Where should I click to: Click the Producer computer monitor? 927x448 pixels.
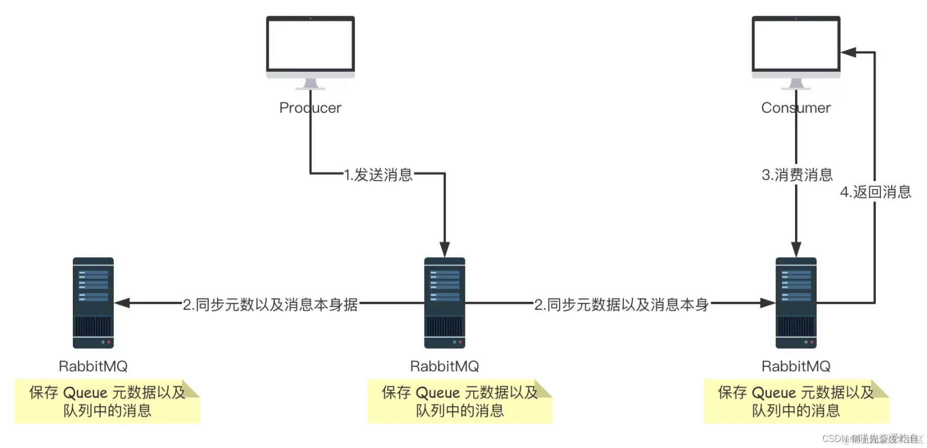click(x=310, y=48)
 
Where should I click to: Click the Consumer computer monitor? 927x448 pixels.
click(x=796, y=48)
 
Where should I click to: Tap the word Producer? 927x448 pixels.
click(x=310, y=108)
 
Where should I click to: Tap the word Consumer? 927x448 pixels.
click(x=796, y=108)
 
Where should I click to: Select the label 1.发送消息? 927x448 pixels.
click(x=378, y=175)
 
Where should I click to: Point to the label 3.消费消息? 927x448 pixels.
click(x=797, y=175)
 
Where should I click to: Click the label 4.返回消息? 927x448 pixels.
click(x=875, y=192)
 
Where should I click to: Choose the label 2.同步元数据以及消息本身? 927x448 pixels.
click(x=621, y=304)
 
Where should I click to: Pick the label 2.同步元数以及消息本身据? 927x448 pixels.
click(x=270, y=304)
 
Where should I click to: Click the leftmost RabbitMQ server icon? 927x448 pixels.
click(x=93, y=303)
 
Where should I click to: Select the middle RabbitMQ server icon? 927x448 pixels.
click(x=444, y=303)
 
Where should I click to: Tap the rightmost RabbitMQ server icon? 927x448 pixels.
click(x=796, y=303)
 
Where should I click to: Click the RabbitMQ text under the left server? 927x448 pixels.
click(x=93, y=366)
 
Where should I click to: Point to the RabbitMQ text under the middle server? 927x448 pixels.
click(x=444, y=366)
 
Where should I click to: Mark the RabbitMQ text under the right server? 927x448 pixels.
click(x=796, y=366)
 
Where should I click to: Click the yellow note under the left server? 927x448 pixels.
click(x=107, y=401)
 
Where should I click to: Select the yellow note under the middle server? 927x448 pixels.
click(x=459, y=401)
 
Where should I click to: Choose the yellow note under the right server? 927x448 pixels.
click(x=796, y=401)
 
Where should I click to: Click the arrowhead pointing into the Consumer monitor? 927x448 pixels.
click(x=849, y=52)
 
